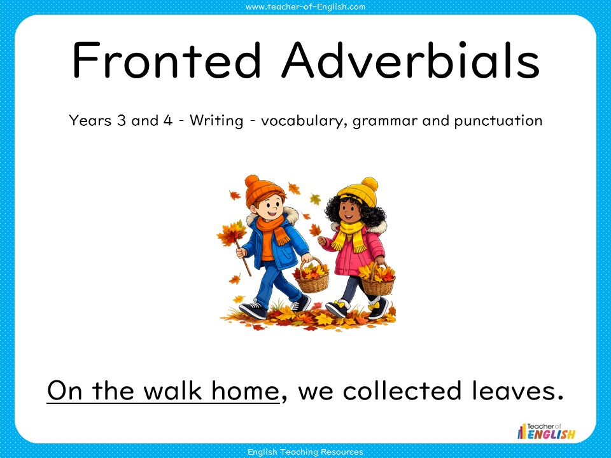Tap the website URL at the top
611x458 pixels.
coord(305,7)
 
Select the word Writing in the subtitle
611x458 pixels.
coord(216,121)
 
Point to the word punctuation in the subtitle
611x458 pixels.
coord(498,121)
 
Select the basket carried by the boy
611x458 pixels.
coord(312,278)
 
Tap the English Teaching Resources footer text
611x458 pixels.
coord(305,451)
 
